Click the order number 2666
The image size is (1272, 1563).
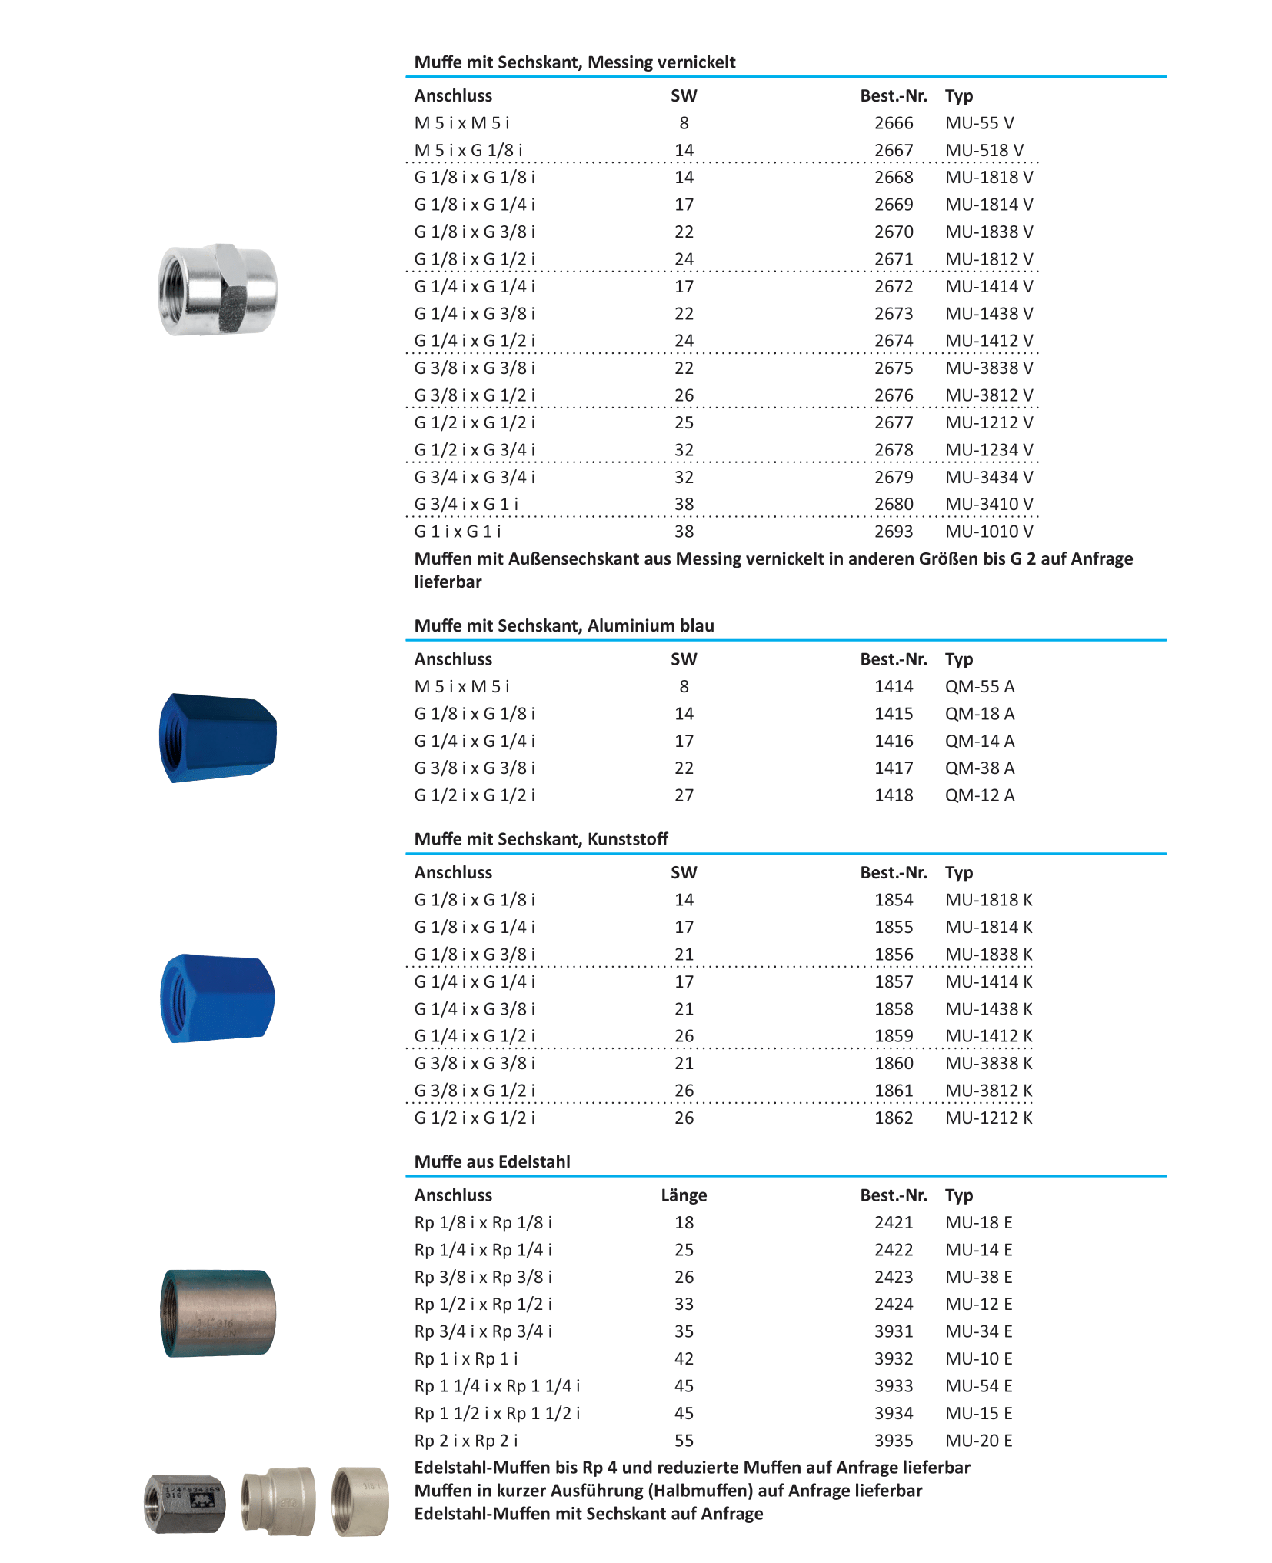[893, 123]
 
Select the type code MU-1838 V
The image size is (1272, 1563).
[988, 232]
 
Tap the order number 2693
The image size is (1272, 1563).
[893, 532]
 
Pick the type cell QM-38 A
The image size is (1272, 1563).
[979, 768]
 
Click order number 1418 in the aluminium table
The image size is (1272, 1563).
[893, 795]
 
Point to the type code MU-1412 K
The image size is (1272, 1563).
[988, 1036]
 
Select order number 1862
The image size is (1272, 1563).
[893, 1118]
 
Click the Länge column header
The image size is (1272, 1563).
[683, 1195]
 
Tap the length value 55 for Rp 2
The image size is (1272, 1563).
[684, 1440]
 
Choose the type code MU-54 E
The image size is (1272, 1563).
[978, 1385]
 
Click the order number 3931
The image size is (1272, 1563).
[893, 1331]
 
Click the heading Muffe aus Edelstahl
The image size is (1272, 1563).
[492, 1161]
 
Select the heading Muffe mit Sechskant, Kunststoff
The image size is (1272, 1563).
[541, 839]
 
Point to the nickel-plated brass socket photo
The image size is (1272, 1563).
[218, 290]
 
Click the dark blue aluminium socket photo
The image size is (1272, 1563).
[218, 738]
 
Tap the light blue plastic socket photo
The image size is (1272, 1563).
[218, 998]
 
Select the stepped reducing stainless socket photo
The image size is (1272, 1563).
[278, 1501]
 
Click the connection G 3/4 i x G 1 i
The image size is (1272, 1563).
[466, 505]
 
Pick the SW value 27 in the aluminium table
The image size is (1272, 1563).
[684, 795]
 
